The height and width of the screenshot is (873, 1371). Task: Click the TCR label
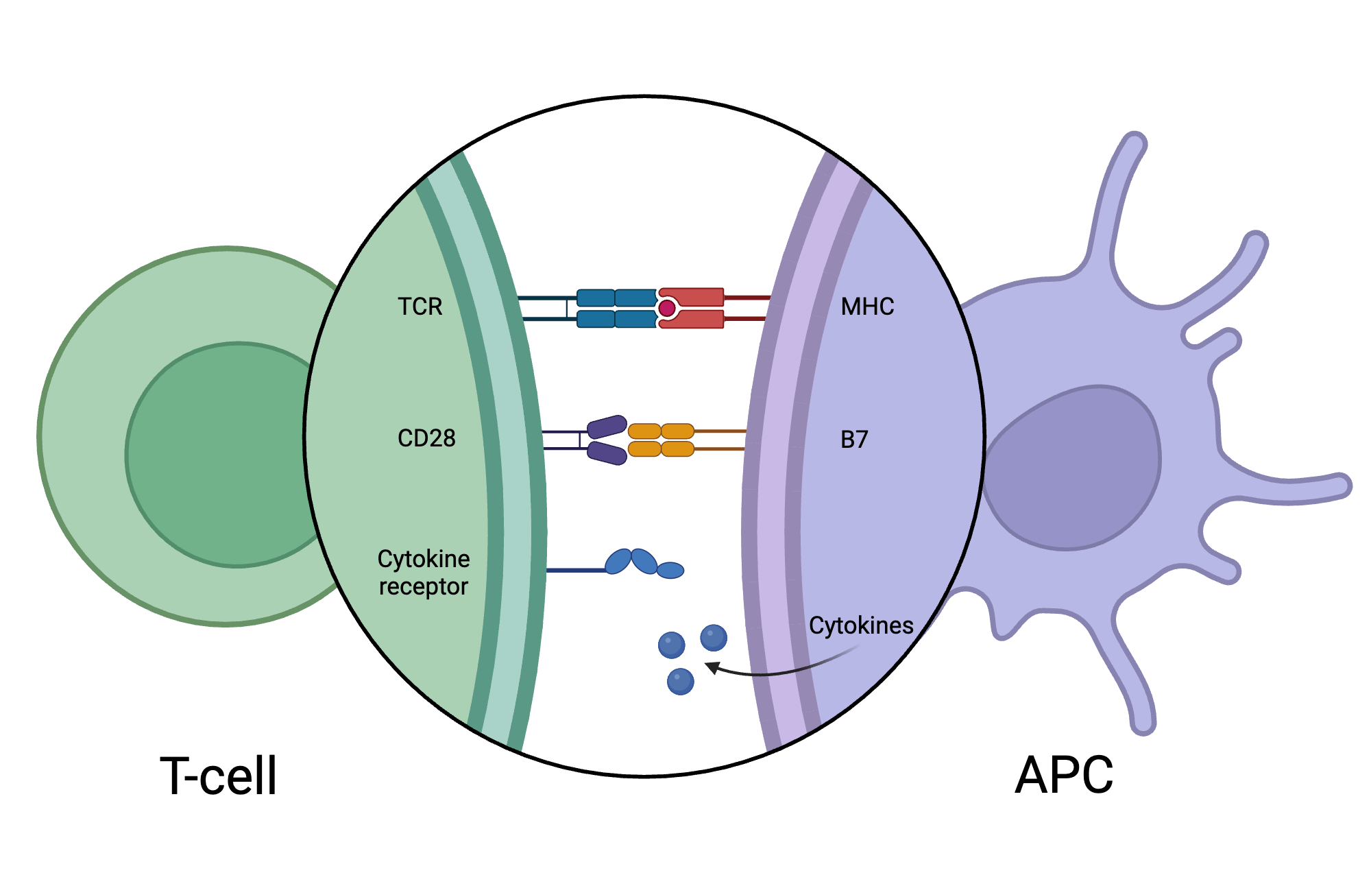(x=420, y=307)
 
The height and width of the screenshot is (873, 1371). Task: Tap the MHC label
(x=867, y=307)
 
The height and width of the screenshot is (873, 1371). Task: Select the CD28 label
(x=426, y=438)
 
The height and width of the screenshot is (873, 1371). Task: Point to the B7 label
(x=854, y=440)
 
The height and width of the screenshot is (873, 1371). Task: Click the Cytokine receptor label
(x=424, y=573)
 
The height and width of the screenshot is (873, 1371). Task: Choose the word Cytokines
(x=861, y=625)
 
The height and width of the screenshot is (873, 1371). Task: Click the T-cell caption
(x=218, y=776)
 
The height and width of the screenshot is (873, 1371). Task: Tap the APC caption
(x=1064, y=776)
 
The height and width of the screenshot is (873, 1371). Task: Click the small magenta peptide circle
(x=666, y=309)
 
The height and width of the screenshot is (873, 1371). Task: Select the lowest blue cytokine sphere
(x=680, y=682)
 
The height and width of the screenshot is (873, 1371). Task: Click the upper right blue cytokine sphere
(x=713, y=638)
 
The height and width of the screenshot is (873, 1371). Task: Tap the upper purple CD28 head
(x=607, y=427)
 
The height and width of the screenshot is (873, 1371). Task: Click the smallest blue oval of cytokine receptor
(x=670, y=570)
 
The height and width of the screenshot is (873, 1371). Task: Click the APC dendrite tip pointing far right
(x=1340, y=486)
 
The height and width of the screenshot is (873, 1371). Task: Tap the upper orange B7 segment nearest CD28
(x=644, y=431)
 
